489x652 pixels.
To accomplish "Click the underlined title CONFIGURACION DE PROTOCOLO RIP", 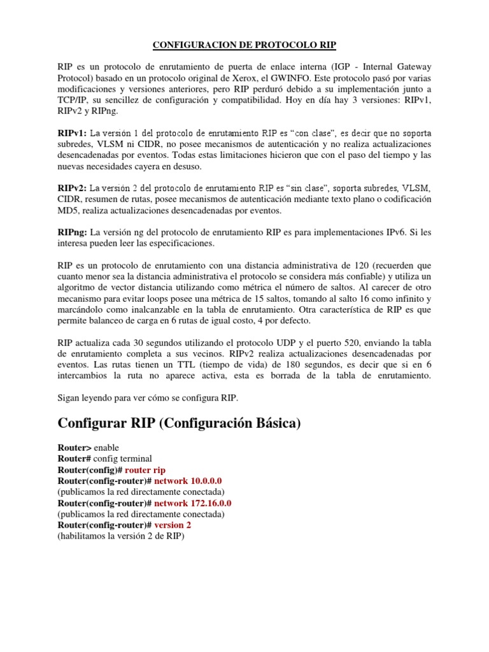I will click(244, 45).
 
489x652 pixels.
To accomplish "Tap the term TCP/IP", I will click(72, 101).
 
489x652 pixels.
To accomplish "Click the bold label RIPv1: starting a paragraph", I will click(72, 134).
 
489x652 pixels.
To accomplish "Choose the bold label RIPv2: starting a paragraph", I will click(72, 188).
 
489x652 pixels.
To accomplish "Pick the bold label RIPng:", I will click(73, 232).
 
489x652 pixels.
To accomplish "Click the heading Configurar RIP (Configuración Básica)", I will click(179, 423).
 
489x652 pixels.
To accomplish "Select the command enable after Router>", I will click(106, 448).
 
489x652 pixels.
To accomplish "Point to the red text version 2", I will click(173, 525).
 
